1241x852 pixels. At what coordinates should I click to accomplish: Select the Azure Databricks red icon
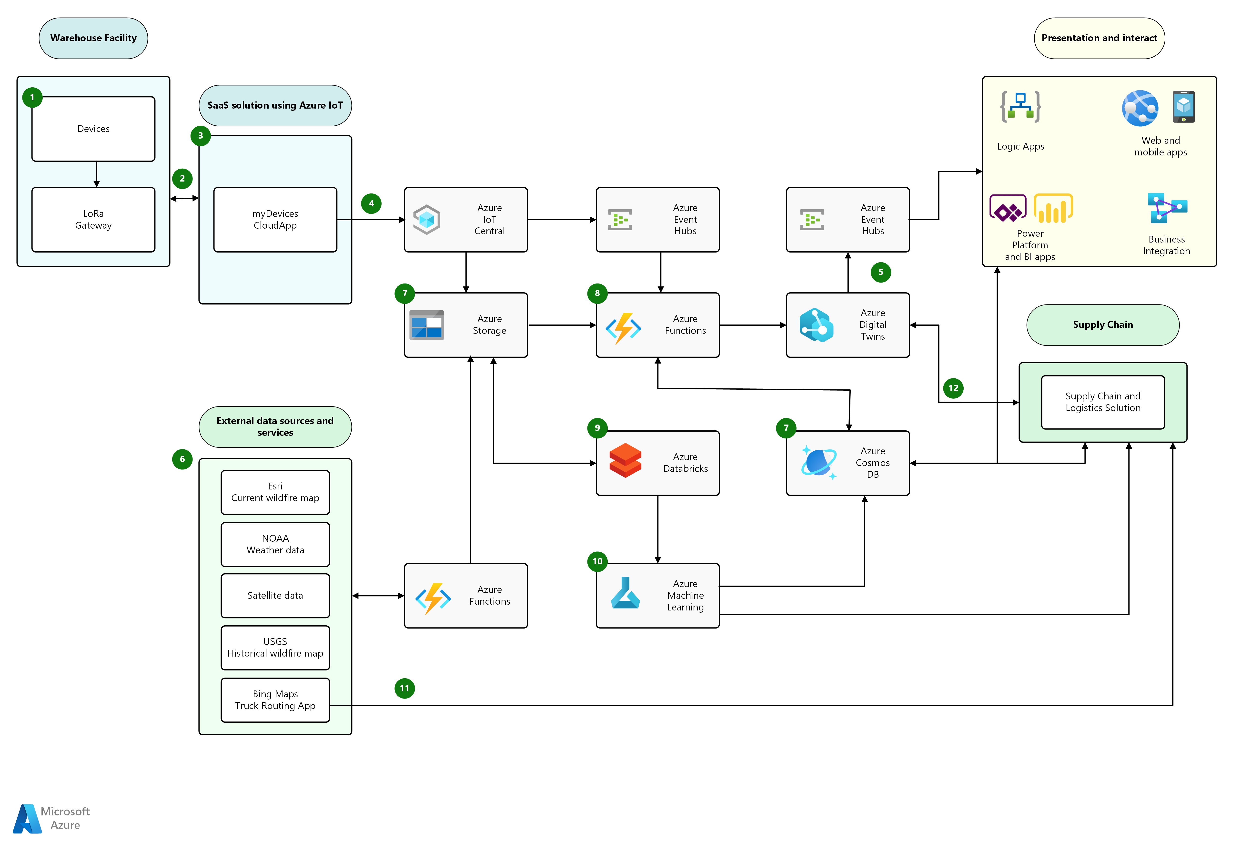[625, 460]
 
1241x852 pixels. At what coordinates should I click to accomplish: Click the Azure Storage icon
[427, 325]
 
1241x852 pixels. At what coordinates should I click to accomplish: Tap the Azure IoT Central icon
[427, 220]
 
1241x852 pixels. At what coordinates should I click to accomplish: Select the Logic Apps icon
[1020, 107]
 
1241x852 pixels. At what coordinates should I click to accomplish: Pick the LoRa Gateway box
[93, 220]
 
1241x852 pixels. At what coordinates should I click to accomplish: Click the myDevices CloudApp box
[275, 220]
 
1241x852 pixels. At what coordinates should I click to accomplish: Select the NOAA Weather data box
[275, 544]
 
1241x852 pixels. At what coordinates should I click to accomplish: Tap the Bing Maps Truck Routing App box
[275, 700]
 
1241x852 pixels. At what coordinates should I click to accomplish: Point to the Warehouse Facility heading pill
[93, 38]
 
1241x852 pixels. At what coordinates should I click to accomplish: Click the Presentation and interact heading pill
[1100, 38]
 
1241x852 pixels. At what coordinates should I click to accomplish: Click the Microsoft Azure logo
[51, 818]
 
